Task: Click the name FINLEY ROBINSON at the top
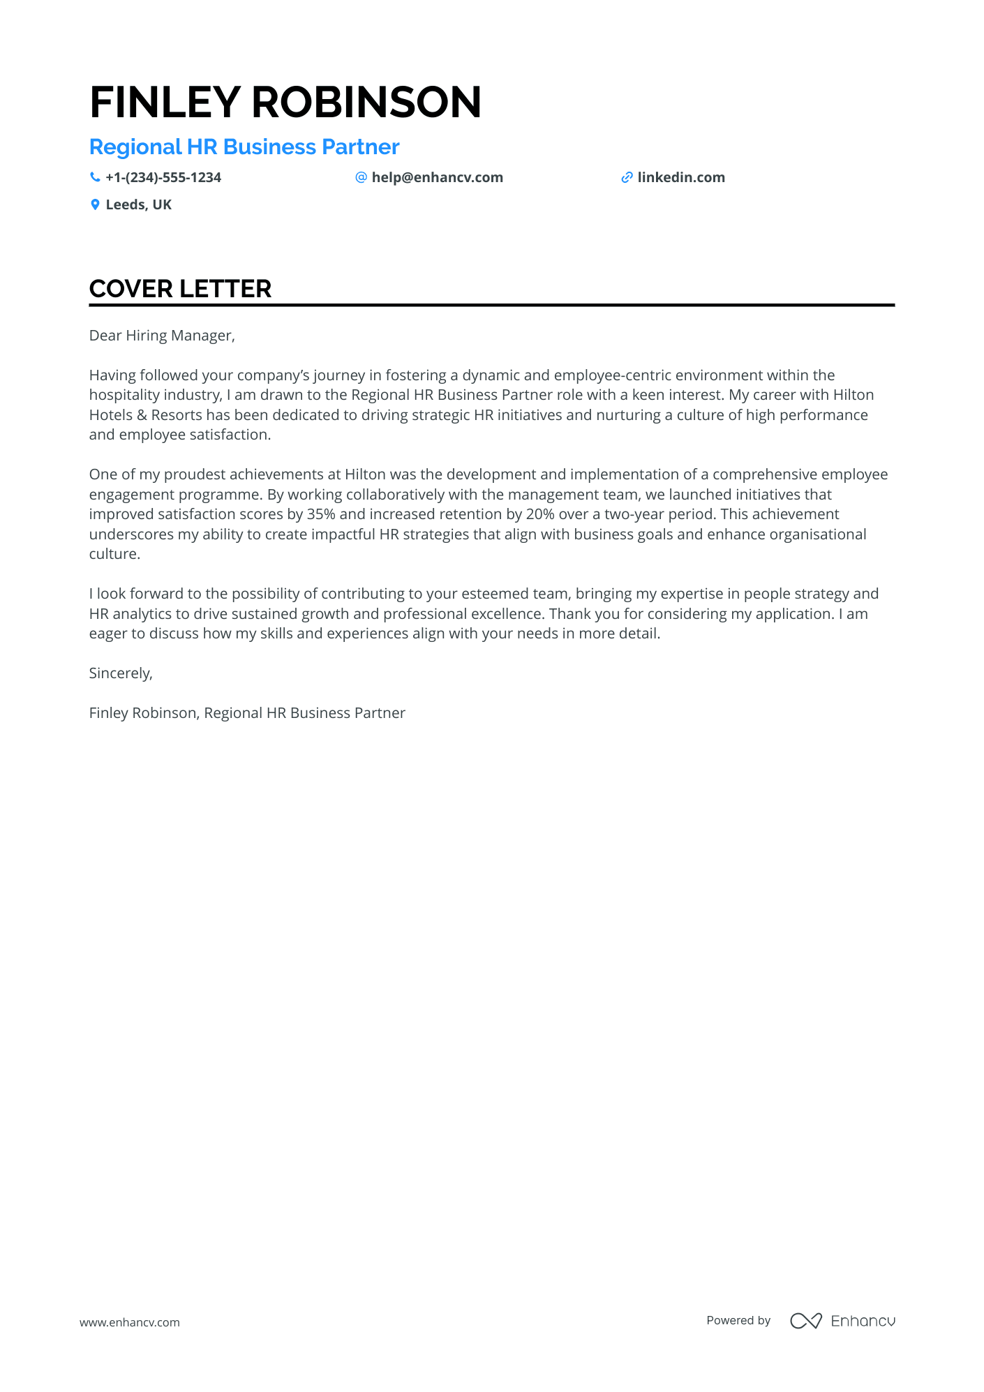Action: pyautogui.click(x=285, y=102)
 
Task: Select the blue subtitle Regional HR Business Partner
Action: pyautogui.click(x=244, y=147)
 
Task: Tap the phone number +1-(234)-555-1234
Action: pyautogui.click(x=163, y=178)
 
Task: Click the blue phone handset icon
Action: pyautogui.click(x=95, y=178)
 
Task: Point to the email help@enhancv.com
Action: pyautogui.click(x=437, y=178)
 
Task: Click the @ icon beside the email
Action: pyautogui.click(x=361, y=178)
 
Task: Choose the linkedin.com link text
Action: pyautogui.click(x=681, y=178)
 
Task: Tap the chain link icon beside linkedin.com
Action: pyautogui.click(x=627, y=178)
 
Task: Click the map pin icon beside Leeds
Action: pyautogui.click(x=95, y=205)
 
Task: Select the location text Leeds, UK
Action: pyautogui.click(x=138, y=205)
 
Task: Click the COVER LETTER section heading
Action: pyautogui.click(x=180, y=289)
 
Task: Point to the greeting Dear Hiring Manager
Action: pyautogui.click(x=162, y=336)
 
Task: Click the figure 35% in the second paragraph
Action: pyautogui.click(x=321, y=514)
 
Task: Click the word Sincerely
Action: pyautogui.click(x=121, y=673)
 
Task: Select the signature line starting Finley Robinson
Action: pyautogui.click(x=247, y=713)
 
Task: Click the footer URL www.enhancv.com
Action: pyautogui.click(x=130, y=1322)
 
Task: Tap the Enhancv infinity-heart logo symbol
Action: pyautogui.click(x=805, y=1321)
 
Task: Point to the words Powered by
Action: pyautogui.click(x=738, y=1321)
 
